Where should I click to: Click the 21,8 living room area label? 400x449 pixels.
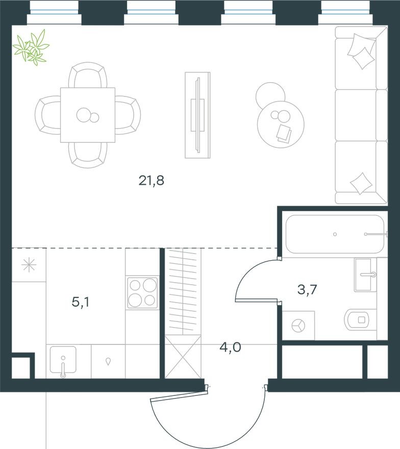[x=151, y=180]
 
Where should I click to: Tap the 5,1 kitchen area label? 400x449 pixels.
[x=81, y=303]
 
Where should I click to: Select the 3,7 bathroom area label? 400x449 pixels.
[x=307, y=290]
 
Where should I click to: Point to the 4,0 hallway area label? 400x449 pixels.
[x=230, y=348]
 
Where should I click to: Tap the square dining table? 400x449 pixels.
[x=87, y=115]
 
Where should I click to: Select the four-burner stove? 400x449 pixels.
[x=142, y=293]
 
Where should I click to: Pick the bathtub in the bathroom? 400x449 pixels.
[x=335, y=234]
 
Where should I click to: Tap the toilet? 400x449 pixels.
[x=360, y=320]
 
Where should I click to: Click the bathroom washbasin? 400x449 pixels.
[x=365, y=274]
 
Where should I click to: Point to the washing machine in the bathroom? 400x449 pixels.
[x=298, y=325]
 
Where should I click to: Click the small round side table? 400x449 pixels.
[x=270, y=94]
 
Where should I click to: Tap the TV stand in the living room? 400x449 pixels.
[x=197, y=115]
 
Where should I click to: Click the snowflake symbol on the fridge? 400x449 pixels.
[x=29, y=265]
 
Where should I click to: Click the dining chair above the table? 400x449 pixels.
[x=88, y=75]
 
